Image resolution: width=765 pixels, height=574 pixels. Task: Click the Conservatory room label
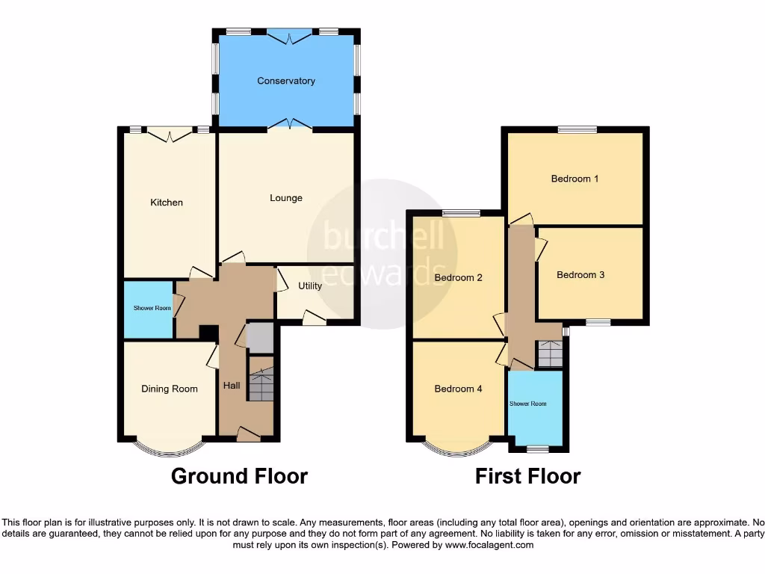coord(286,81)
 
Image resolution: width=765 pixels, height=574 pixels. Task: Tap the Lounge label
coord(286,198)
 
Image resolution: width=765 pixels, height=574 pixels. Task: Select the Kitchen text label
coord(167,203)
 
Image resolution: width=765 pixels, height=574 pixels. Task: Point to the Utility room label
coord(310,286)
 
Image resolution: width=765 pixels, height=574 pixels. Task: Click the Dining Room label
coord(170,389)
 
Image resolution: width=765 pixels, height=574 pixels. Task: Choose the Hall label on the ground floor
coord(232,386)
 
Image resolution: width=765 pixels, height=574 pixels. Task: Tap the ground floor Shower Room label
coord(152,308)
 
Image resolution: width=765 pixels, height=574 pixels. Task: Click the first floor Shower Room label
coord(527,404)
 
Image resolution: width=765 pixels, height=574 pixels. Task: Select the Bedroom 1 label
coord(574,179)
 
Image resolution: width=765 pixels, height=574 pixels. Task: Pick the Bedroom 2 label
coord(459,278)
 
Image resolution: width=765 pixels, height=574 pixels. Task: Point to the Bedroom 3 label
coord(580,274)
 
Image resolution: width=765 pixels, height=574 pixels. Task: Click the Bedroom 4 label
coord(459,389)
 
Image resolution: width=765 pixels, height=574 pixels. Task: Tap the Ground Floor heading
coord(239,476)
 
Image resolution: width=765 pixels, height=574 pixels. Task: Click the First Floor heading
coord(527,476)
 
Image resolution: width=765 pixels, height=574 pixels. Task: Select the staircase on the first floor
coord(550,354)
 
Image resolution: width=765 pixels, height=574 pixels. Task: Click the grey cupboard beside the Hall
coord(260,338)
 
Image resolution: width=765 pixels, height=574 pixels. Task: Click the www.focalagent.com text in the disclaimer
coord(489,546)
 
